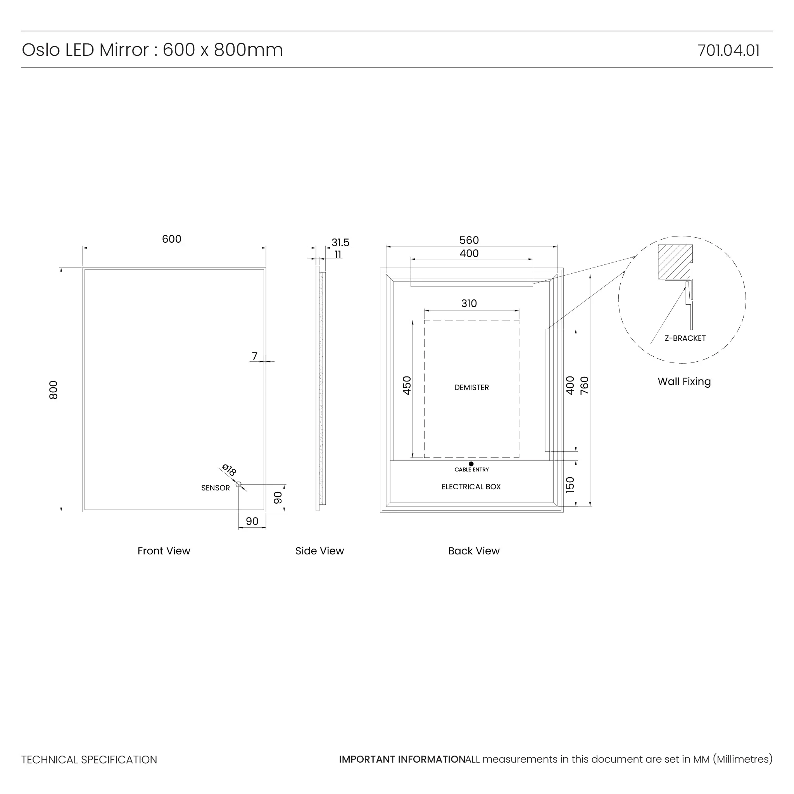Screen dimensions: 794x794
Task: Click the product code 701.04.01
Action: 728,50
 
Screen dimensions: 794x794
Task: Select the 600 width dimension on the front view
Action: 171,239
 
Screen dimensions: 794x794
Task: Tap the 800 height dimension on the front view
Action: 54,390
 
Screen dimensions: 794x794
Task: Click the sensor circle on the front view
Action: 238,485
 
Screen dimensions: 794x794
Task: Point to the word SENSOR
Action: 215,488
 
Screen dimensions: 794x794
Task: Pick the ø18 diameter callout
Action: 229,470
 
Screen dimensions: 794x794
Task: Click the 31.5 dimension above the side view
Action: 340,242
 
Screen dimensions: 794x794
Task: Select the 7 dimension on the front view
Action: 255,356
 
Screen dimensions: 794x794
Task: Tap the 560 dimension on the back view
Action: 469,240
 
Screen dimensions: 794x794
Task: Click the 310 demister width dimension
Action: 469,303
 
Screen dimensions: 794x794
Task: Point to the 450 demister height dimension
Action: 407,385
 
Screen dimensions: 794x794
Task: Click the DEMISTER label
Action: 471,388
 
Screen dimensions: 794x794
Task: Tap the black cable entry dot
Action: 471,464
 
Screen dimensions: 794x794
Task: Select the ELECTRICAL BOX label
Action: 471,487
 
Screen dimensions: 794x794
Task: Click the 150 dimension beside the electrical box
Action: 570,485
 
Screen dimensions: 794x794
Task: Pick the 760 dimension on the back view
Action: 584,385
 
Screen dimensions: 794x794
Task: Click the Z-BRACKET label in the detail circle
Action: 685,338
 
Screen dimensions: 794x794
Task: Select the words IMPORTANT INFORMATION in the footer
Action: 402,759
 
